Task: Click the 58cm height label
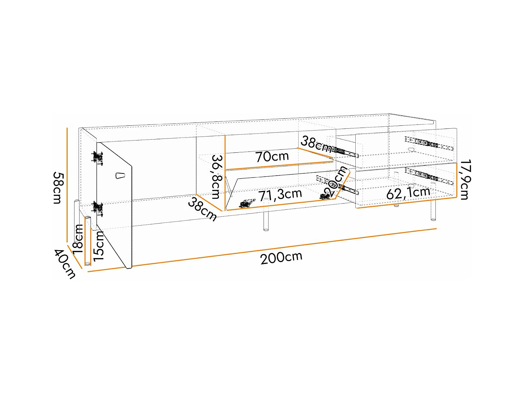pos(58,187)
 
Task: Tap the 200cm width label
pos(281,257)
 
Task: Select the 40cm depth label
pos(65,264)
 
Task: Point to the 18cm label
pos(78,239)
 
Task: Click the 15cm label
pos(98,246)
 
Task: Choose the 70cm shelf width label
pos(272,156)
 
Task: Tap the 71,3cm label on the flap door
pos(280,195)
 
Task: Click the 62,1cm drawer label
pos(408,193)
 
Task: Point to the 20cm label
pos(335,181)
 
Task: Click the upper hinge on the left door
pos(97,158)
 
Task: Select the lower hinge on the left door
pos(98,208)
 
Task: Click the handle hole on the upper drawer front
pos(410,150)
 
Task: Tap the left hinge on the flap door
pos(247,203)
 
